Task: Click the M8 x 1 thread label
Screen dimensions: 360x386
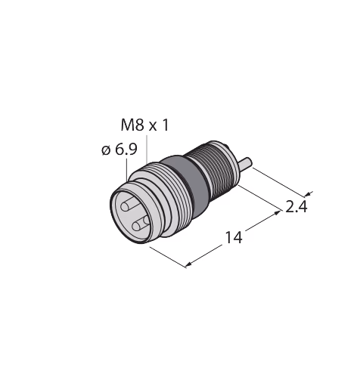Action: pos(144,125)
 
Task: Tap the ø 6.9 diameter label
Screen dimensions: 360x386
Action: pos(119,150)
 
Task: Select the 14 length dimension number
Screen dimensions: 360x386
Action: pos(234,237)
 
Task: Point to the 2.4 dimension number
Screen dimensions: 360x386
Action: pos(296,207)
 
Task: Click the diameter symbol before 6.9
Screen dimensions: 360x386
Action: pos(106,150)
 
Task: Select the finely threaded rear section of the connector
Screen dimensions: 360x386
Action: pos(214,172)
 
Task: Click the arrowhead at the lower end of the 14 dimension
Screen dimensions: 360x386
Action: pos(188,264)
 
